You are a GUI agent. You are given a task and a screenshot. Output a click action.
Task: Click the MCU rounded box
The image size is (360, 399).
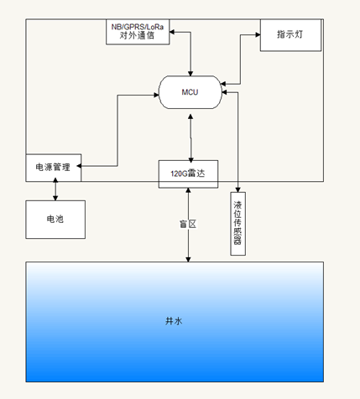190,92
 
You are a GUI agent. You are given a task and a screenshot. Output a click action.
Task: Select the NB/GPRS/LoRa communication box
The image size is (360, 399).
138,32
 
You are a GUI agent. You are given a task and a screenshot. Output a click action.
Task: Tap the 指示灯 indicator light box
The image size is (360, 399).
290,35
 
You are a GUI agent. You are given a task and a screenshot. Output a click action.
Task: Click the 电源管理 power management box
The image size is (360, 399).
54,168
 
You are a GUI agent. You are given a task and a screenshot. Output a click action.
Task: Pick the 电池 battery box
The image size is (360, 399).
55,220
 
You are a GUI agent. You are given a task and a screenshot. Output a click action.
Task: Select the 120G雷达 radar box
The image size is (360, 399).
188,174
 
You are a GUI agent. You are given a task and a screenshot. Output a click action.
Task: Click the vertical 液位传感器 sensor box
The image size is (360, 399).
238,224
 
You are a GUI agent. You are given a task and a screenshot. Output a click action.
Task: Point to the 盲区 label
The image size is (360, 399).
188,224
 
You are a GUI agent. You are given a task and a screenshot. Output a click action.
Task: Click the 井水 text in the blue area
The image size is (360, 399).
174,321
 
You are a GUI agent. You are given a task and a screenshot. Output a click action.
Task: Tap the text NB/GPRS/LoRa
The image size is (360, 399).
138,27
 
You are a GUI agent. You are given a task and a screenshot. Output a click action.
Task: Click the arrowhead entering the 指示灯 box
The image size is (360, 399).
258,34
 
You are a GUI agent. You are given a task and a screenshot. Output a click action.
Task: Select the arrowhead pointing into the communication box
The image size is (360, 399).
172,32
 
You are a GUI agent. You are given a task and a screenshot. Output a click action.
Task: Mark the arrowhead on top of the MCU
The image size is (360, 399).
190,73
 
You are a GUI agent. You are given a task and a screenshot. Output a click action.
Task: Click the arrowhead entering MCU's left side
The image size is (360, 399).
156,95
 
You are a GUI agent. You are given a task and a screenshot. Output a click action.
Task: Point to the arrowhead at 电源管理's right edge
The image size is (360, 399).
79,166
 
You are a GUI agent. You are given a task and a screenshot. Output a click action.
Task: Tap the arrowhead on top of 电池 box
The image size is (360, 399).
55,198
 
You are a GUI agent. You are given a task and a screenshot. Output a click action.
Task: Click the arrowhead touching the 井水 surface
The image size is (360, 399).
188,259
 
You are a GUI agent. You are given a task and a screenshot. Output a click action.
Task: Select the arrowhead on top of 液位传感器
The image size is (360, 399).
238,189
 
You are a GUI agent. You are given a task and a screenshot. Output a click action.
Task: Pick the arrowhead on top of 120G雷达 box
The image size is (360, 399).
190,160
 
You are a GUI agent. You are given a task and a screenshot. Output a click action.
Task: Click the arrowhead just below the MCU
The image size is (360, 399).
190,117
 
